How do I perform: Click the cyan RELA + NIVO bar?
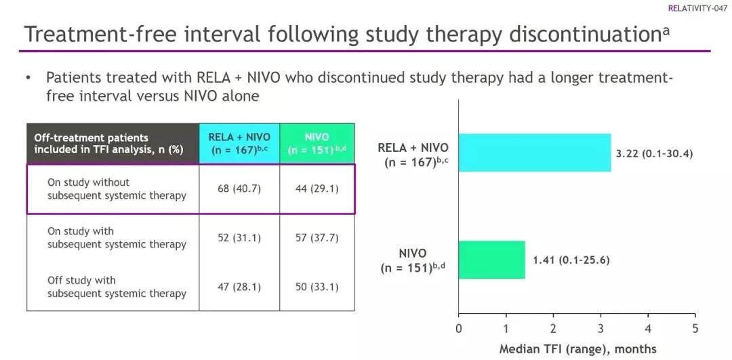[535, 153]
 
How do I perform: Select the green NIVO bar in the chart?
[492, 260]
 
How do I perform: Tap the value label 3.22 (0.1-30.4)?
[654, 153]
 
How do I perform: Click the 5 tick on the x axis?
[695, 329]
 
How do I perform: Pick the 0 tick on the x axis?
[459, 329]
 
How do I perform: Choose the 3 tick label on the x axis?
[601, 329]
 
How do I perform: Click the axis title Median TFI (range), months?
[577, 349]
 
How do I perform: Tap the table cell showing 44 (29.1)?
[317, 189]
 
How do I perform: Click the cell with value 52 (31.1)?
[239, 238]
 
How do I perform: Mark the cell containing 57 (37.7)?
[317, 238]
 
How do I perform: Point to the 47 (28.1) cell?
[239, 287]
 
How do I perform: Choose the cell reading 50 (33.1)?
[317, 287]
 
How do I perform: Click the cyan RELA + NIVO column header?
[239, 143]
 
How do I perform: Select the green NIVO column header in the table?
[317, 143]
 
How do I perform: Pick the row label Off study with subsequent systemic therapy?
[117, 287]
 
